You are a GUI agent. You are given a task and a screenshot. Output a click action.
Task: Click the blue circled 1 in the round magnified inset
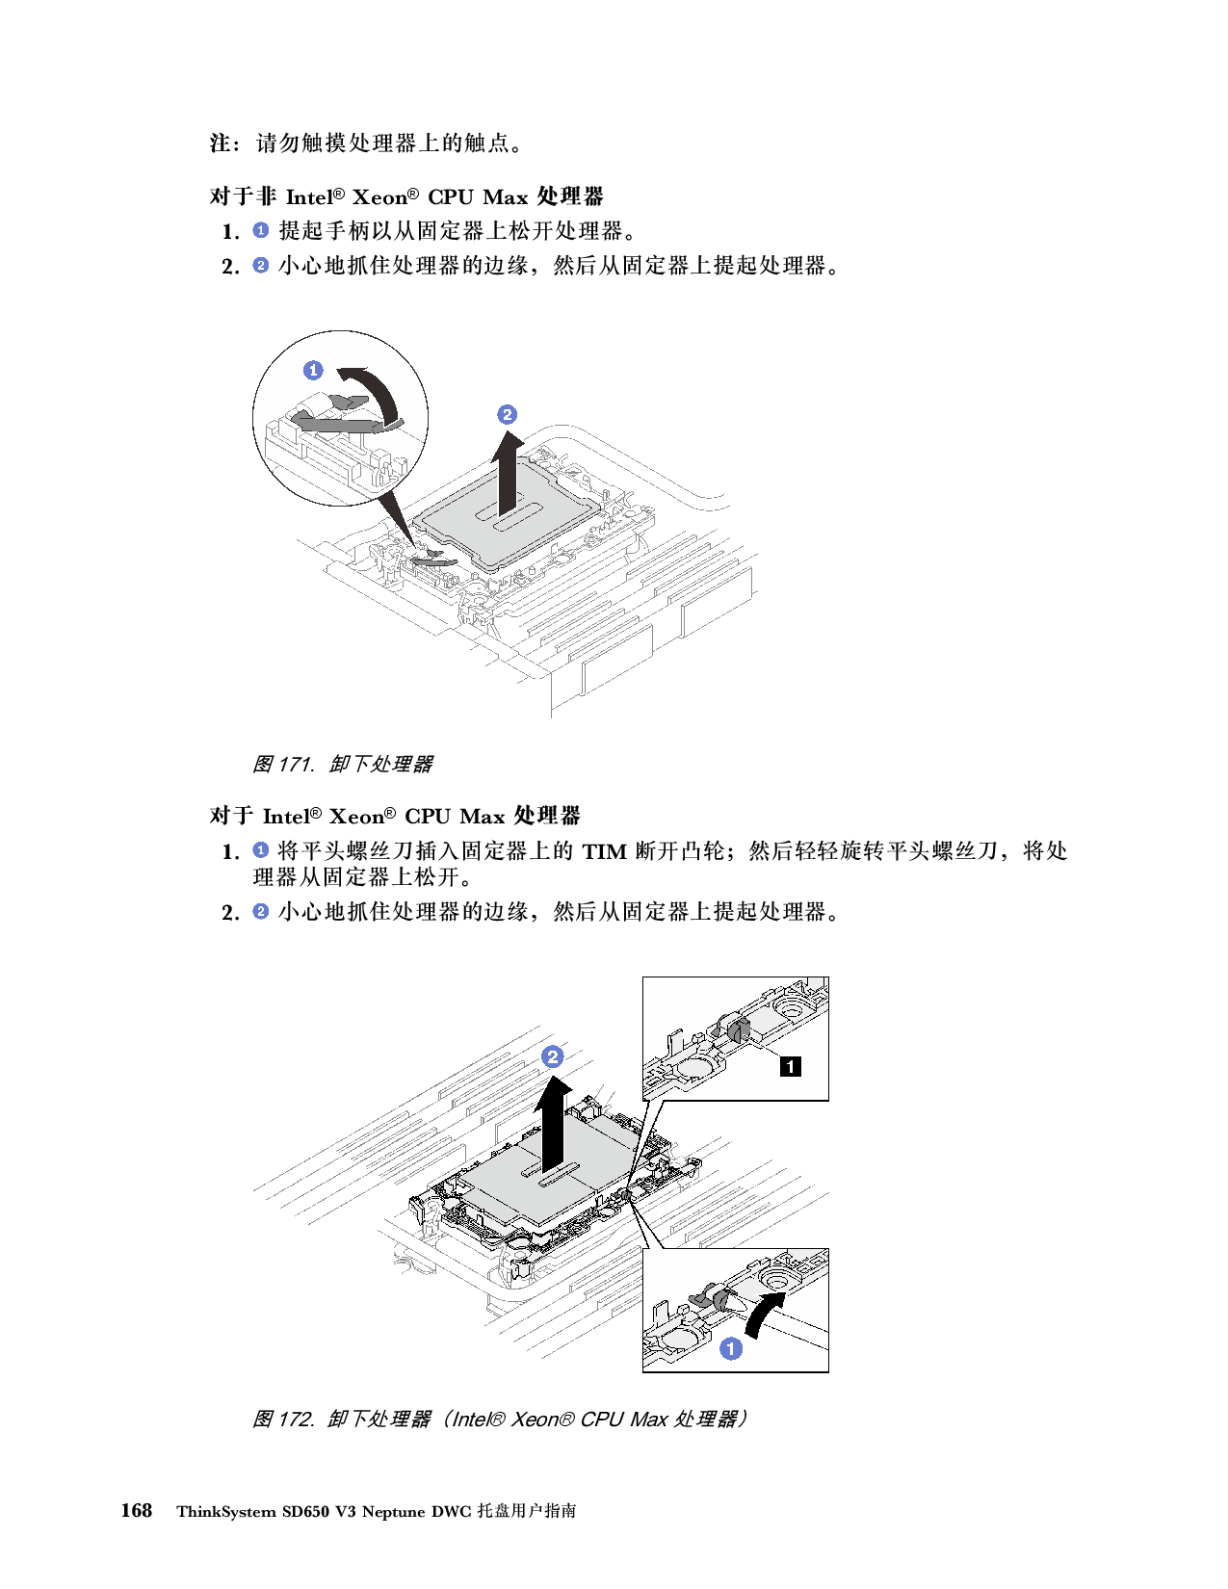(x=313, y=370)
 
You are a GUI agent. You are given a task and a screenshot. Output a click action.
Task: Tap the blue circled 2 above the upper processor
(x=507, y=415)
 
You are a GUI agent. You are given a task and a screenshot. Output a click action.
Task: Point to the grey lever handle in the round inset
(x=332, y=421)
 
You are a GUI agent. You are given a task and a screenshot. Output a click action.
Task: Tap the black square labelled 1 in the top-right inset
(x=790, y=1065)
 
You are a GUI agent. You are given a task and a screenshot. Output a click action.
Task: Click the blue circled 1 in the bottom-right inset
(x=731, y=1349)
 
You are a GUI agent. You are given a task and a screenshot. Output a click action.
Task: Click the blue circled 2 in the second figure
(x=552, y=1056)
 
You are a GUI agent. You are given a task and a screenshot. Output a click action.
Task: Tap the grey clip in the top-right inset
(x=739, y=1031)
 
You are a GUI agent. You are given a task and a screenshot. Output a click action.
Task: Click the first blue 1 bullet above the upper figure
(x=260, y=230)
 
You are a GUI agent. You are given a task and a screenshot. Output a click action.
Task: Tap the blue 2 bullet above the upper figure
(x=260, y=265)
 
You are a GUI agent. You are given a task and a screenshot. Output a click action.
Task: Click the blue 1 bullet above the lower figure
(x=260, y=850)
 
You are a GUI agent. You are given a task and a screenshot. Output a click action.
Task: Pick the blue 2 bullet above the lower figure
(x=260, y=911)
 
